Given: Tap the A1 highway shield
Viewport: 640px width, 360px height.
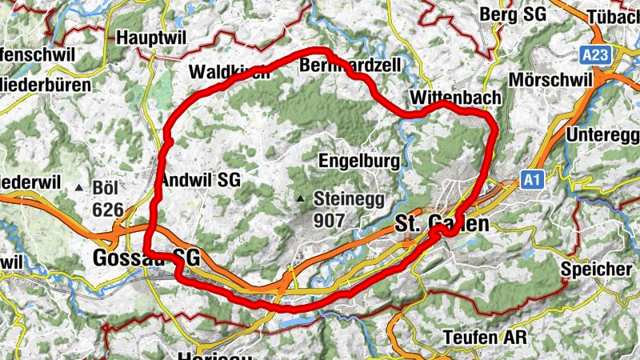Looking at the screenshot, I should (x=532, y=181).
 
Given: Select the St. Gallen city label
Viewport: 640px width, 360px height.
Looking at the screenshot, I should (x=442, y=224).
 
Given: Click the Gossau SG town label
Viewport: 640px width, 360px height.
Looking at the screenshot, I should (x=146, y=258).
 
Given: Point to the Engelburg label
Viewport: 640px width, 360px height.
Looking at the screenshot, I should (x=358, y=161).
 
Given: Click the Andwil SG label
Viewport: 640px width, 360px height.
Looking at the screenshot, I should (x=201, y=179).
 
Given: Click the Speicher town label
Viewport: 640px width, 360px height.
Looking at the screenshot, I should (x=596, y=269).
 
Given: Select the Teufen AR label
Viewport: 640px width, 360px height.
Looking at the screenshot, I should (x=485, y=337).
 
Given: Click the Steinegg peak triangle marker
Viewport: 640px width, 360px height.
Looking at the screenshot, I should (x=301, y=198).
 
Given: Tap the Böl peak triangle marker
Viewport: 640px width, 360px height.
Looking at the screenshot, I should (x=79, y=188).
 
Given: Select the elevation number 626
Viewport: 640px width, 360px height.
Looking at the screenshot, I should (x=108, y=210).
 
